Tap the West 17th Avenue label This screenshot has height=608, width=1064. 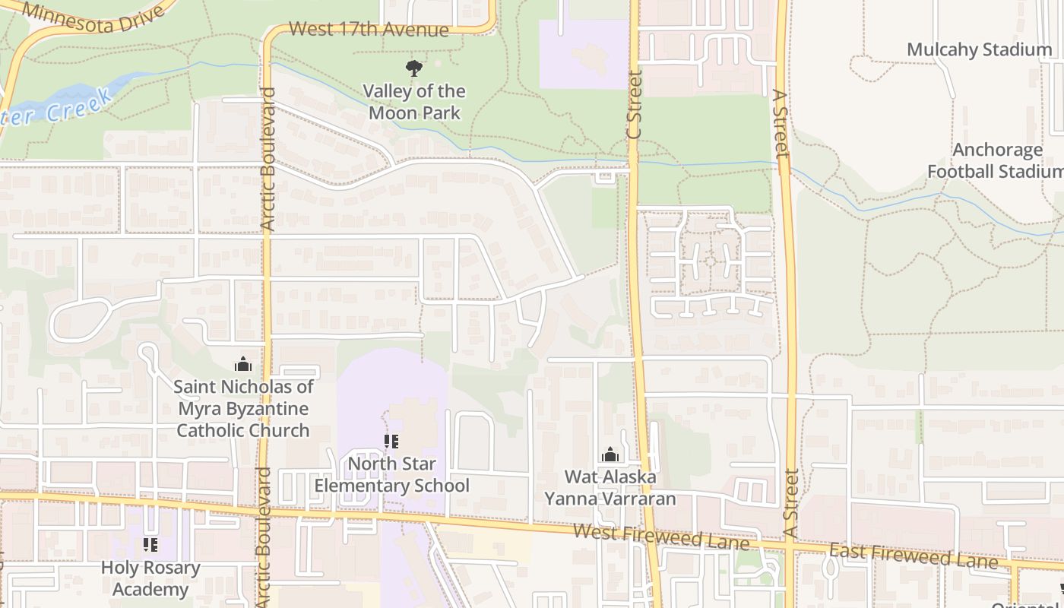369,30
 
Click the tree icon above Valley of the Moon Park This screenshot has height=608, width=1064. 413,68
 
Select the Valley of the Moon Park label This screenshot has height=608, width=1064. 413,102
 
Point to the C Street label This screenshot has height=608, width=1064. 635,105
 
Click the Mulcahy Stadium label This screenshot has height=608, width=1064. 979,50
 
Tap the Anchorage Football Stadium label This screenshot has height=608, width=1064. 996,160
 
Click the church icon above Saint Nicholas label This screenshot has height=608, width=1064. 243,364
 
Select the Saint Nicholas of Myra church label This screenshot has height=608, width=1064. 243,408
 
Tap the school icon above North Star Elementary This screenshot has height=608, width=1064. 391,441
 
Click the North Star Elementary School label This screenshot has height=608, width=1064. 392,474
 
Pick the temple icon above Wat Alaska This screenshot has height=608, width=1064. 610,454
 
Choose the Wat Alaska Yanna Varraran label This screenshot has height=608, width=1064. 610,487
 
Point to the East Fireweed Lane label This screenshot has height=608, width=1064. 913,555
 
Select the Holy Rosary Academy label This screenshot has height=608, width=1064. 150,578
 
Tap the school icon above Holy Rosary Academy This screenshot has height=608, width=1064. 150,544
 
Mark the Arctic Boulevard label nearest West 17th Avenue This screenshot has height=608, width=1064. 268,160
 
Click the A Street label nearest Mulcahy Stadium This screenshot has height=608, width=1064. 780,123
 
